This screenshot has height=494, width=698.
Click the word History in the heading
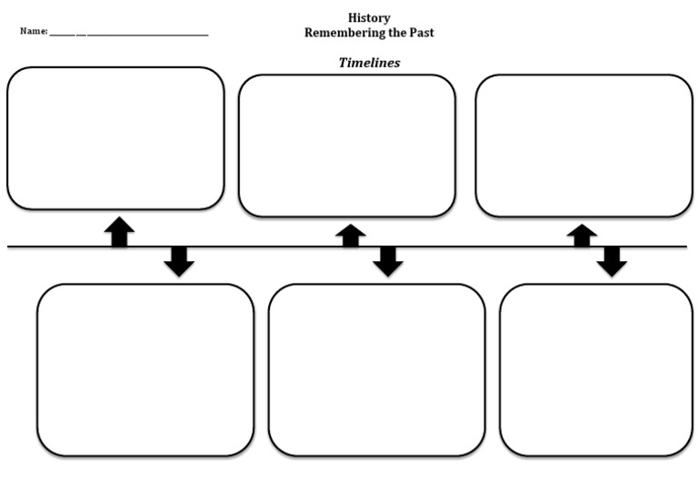click(x=369, y=18)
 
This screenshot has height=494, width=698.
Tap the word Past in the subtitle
click(x=419, y=33)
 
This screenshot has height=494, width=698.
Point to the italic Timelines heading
click(x=369, y=63)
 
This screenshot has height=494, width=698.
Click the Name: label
click(x=34, y=31)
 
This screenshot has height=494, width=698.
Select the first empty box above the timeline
click(x=115, y=138)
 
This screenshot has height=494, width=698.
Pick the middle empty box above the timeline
click(x=346, y=146)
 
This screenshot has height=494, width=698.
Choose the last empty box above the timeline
click(x=583, y=146)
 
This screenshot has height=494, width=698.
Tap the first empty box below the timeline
click(x=145, y=369)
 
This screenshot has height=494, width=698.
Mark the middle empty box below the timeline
click(x=376, y=369)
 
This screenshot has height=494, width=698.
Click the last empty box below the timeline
click(x=595, y=369)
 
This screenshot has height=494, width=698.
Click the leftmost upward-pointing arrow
click(x=119, y=231)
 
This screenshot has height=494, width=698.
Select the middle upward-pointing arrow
click(x=350, y=235)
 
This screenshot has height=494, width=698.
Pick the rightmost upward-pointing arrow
click(x=582, y=235)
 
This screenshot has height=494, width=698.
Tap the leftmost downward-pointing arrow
click(x=179, y=261)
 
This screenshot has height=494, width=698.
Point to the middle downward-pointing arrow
click(x=388, y=261)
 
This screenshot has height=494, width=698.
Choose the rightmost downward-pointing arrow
click(x=612, y=261)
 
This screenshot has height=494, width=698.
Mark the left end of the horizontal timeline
click(x=10, y=247)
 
